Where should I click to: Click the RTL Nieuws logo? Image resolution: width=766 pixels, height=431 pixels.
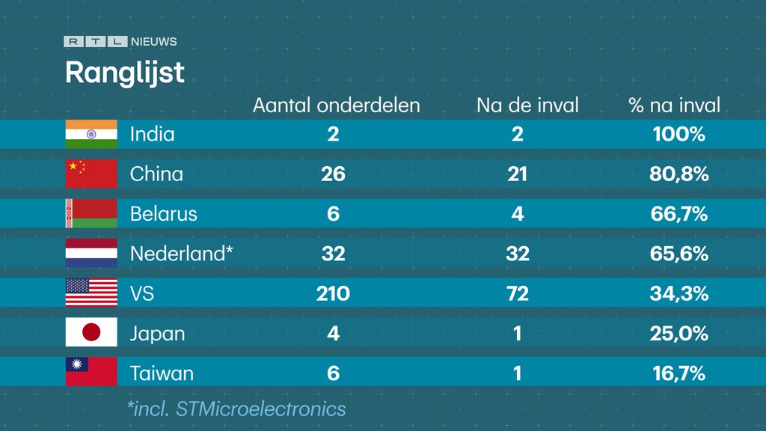(120, 42)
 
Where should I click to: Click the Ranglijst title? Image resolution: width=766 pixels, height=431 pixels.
(124, 73)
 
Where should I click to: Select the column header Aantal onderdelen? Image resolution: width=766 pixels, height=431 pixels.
(336, 106)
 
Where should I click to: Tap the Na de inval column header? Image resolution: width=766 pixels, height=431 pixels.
(527, 106)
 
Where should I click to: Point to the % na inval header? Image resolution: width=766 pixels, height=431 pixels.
(675, 106)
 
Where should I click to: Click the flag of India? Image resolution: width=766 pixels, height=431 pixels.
(91, 134)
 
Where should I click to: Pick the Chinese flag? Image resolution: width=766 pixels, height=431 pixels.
(91, 174)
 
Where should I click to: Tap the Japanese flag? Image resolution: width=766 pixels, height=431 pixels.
(91, 332)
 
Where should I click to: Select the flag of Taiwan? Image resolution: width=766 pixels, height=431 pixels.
(91, 372)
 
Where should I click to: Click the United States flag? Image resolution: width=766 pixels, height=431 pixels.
(91, 293)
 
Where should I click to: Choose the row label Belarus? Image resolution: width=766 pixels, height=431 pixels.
(163, 214)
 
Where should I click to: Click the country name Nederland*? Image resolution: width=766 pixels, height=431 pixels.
(181, 254)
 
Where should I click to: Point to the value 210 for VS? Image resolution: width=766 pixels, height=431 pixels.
(333, 293)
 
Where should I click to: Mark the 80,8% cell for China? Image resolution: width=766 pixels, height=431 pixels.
(678, 174)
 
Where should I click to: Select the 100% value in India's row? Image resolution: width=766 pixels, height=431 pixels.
(678, 135)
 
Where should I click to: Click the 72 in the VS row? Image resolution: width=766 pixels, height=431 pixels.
(517, 293)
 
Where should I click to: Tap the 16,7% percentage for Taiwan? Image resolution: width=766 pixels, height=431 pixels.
(678, 373)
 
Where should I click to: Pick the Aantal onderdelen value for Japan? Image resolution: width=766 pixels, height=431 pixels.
(333, 333)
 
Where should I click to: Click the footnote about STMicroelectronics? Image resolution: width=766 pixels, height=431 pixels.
(236, 409)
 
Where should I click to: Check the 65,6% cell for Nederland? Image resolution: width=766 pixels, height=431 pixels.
(678, 254)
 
